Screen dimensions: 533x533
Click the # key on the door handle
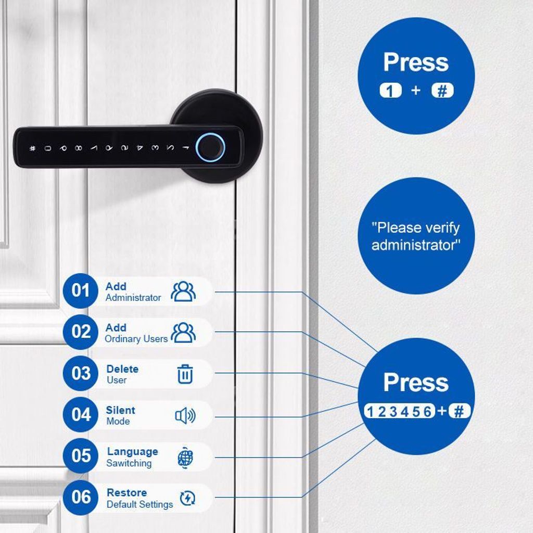(x=33, y=148)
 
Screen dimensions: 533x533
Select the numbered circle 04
(x=81, y=415)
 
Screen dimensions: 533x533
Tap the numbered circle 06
(x=81, y=497)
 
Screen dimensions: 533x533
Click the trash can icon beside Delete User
(x=185, y=374)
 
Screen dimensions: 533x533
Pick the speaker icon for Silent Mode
(x=185, y=415)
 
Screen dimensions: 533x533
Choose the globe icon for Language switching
(x=185, y=457)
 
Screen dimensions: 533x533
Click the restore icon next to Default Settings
(x=187, y=498)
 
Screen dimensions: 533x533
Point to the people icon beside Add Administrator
(x=183, y=291)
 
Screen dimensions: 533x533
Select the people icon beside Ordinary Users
(x=183, y=333)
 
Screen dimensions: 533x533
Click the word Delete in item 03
(x=122, y=369)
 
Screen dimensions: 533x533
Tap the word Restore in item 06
(x=126, y=492)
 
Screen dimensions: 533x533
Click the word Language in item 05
(x=132, y=451)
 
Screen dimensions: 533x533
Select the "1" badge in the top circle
(x=391, y=91)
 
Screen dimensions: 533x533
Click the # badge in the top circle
(x=442, y=91)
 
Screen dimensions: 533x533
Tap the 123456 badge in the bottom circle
(x=399, y=412)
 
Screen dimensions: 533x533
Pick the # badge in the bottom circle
(x=459, y=412)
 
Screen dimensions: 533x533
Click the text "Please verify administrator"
(x=416, y=236)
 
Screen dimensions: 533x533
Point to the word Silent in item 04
(x=120, y=410)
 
